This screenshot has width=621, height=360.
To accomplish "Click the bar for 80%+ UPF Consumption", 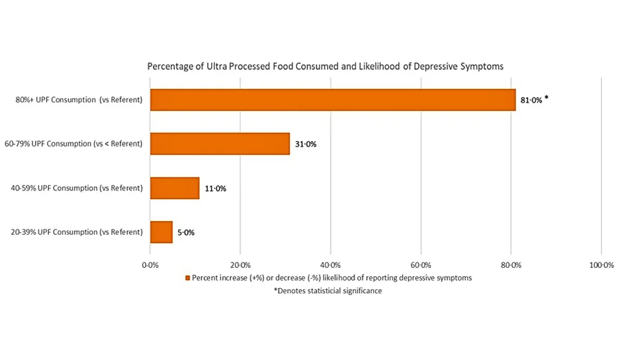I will pos(333,100).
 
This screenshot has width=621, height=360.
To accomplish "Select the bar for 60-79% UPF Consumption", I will pos(220,144).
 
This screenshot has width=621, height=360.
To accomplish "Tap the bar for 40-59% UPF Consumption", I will pos(175,188).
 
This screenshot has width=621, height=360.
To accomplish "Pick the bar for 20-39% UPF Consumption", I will pos(161,232).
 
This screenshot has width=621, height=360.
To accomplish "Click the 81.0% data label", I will pos(531,101).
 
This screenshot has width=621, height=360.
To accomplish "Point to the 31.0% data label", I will pos(305,144).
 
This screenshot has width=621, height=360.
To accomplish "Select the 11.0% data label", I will pos(215,189).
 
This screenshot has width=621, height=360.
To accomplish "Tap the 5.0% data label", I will pos(186,233).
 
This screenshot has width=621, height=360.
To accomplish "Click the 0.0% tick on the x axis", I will pos(150,265).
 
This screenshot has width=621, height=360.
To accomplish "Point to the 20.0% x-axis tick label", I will pos(240,265).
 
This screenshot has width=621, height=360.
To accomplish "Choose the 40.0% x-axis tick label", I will pos(331,265).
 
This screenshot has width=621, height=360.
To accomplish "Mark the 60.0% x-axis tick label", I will pos(421,265).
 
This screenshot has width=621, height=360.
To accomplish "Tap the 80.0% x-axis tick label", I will pos(511,265).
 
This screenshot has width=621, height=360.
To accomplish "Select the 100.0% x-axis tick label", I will pos(601,265).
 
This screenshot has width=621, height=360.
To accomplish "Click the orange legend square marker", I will pos(188,278).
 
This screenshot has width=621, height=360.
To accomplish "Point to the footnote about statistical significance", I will pos(328,291).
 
